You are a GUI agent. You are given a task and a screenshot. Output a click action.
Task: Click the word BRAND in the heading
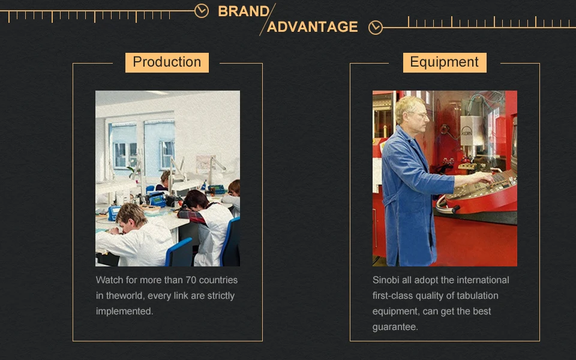244,11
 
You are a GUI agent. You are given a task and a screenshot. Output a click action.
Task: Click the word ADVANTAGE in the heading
312,27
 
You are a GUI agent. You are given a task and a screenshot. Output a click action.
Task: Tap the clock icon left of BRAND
202,11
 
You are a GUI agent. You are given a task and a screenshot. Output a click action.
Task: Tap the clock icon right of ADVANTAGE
375,28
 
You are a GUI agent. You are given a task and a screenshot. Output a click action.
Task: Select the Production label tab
167,62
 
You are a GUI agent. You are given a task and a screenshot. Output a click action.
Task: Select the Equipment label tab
445,62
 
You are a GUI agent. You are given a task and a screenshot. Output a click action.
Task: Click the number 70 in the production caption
191,280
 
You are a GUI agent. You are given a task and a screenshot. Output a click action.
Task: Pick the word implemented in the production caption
125,311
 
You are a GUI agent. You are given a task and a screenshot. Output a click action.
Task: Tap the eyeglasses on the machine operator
420,115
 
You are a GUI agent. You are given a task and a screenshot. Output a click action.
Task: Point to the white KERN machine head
472,131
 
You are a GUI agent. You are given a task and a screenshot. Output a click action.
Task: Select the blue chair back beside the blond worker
179,251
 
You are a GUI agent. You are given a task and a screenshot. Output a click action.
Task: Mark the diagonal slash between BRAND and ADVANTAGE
268,19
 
